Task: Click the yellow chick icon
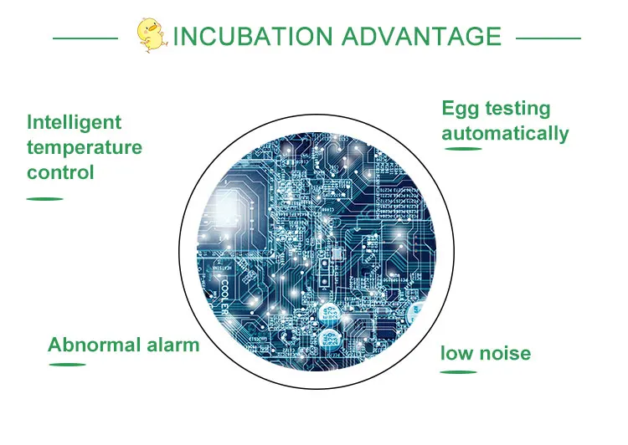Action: [152, 35]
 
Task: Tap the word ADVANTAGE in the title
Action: [421, 36]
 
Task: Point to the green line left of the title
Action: [85, 38]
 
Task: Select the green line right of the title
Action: [548, 38]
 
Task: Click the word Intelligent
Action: [74, 123]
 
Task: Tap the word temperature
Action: [85, 148]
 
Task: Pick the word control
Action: [60, 172]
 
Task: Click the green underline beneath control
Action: [45, 198]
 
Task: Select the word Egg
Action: [461, 109]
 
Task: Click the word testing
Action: [517, 109]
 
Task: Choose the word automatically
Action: [505, 134]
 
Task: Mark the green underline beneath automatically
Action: [463, 149]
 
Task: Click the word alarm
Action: [173, 345]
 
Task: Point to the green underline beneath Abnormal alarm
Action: [67, 365]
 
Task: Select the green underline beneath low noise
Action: [459, 372]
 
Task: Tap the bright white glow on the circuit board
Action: [225, 209]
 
